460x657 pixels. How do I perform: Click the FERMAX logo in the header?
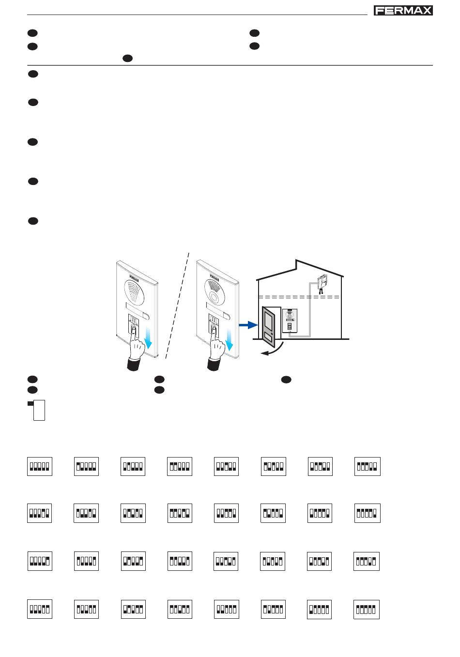(403, 11)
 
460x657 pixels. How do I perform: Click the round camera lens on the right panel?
(214, 296)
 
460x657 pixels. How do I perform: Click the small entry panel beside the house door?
(290, 320)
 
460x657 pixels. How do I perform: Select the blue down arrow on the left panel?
(149, 338)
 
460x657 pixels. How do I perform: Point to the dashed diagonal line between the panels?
(177, 305)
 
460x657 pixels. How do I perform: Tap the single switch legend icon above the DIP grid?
(37, 410)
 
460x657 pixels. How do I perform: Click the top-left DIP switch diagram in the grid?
(39, 466)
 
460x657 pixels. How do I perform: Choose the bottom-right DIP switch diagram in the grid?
(367, 610)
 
